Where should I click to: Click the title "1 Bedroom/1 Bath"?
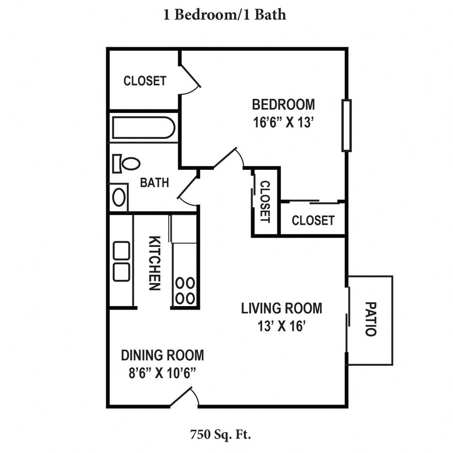point(225,15)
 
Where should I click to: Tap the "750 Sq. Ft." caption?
point(220,434)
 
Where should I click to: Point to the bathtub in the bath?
point(144,127)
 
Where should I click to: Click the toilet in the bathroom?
point(126,164)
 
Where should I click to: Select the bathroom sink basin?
point(119,197)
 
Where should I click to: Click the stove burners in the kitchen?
point(185,291)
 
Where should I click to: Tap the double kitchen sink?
point(121,261)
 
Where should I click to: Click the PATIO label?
point(371,319)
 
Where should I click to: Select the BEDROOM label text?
point(284,104)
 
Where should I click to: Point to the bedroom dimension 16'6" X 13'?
point(284,123)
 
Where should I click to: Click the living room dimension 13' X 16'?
point(282,326)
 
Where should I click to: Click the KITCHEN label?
point(154,263)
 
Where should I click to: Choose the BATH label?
point(154,183)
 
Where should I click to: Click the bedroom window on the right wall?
point(346,125)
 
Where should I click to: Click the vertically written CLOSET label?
point(265,202)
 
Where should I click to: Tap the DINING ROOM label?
point(162,355)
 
